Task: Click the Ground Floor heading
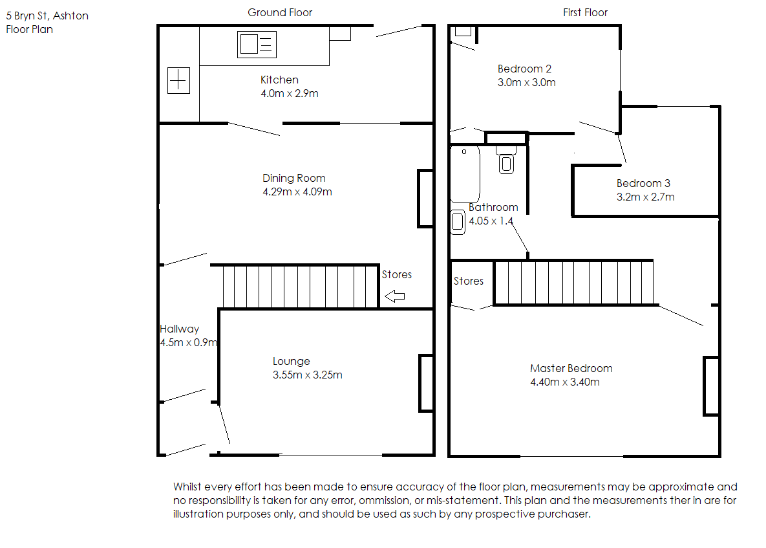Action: (x=279, y=13)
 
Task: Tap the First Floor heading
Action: (x=585, y=13)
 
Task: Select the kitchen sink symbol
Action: (x=257, y=45)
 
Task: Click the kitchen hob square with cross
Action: (x=178, y=80)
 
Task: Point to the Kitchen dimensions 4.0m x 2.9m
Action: (x=289, y=93)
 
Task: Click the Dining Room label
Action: (x=293, y=179)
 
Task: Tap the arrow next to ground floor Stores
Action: (x=395, y=296)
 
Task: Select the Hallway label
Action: (x=179, y=329)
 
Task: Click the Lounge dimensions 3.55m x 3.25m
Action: (x=307, y=375)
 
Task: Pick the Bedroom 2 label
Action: (x=524, y=69)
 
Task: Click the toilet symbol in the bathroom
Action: (x=506, y=160)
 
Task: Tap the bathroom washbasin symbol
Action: (x=458, y=222)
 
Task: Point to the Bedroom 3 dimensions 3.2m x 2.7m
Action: (x=645, y=197)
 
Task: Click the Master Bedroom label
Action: (x=571, y=369)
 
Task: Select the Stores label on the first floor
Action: (x=469, y=281)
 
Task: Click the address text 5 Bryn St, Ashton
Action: (x=47, y=16)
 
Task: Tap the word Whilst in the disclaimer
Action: (x=187, y=487)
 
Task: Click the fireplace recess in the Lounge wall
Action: (x=426, y=383)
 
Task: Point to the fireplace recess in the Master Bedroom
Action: (x=711, y=386)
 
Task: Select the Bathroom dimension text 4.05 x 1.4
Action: (x=491, y=221)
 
